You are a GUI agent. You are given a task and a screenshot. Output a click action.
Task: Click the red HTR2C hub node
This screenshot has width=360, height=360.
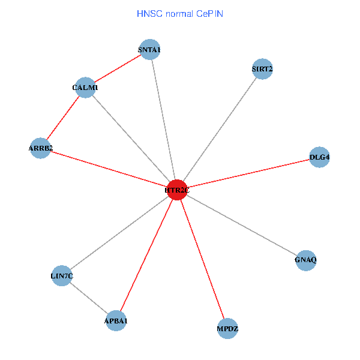[x=177, y=190]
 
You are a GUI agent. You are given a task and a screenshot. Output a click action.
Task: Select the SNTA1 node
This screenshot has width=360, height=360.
[x=149, y=49]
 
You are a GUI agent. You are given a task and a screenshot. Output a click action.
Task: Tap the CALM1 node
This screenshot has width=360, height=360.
[x=86, y=88]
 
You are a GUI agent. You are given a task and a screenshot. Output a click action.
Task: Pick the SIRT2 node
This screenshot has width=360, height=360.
[x=262, y=69]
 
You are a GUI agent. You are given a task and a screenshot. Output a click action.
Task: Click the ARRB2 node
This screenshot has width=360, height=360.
[x=40, y=148]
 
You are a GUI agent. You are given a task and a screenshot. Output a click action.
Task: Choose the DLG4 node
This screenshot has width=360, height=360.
[x=319, y=157]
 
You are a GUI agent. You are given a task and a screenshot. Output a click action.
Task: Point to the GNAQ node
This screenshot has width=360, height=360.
[x=306, y=260]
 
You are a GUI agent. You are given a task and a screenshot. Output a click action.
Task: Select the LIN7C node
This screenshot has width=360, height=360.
[x=62, y=276]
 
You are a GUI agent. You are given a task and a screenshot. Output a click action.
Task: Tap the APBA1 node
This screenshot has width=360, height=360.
[x=116, y=321]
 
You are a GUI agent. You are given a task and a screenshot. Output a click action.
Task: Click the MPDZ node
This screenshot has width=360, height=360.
[x=227, y=329]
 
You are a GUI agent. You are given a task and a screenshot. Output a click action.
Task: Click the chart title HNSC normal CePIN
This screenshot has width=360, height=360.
[x=180, y=13]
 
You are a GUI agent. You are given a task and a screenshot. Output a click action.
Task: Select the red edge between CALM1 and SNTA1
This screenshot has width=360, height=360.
[x=118, y=68]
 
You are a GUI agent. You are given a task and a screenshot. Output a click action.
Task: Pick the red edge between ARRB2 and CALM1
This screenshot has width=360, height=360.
[x=63, y=118]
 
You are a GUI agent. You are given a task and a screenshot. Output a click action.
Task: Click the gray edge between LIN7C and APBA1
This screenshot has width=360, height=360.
[x=89, y=299]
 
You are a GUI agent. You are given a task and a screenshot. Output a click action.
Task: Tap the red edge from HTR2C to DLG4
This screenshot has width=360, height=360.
[x=248, y=173]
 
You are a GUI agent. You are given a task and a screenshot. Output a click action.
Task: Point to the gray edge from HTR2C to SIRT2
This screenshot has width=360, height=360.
[x=220, y=130]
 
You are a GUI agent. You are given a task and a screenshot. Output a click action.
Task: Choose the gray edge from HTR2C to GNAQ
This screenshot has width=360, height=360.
[x=242, y=225]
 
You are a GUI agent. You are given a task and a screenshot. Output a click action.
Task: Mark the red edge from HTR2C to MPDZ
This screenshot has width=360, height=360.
[x=202, y=259]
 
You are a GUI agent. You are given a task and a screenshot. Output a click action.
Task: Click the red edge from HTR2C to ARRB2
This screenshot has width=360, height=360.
[x=109, y=169]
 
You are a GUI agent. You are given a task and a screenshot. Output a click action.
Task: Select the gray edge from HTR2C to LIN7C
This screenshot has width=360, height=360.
[x=119, y=233]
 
